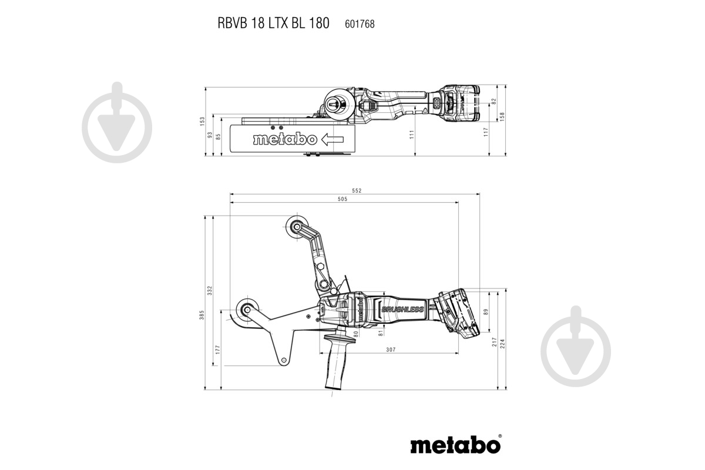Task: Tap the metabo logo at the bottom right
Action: [455, 445]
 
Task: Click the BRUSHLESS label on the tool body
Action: [402, 310]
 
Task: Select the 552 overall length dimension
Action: [356, 190]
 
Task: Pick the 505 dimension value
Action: [343, 199]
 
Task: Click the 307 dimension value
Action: [391, 350]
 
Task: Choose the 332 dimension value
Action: [210, 290]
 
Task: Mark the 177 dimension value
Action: [217, 350]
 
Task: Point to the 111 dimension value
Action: [412, 134]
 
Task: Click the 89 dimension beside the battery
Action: [485, 313]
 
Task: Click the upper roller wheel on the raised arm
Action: [296, 226]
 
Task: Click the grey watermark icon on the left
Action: [116, 122]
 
